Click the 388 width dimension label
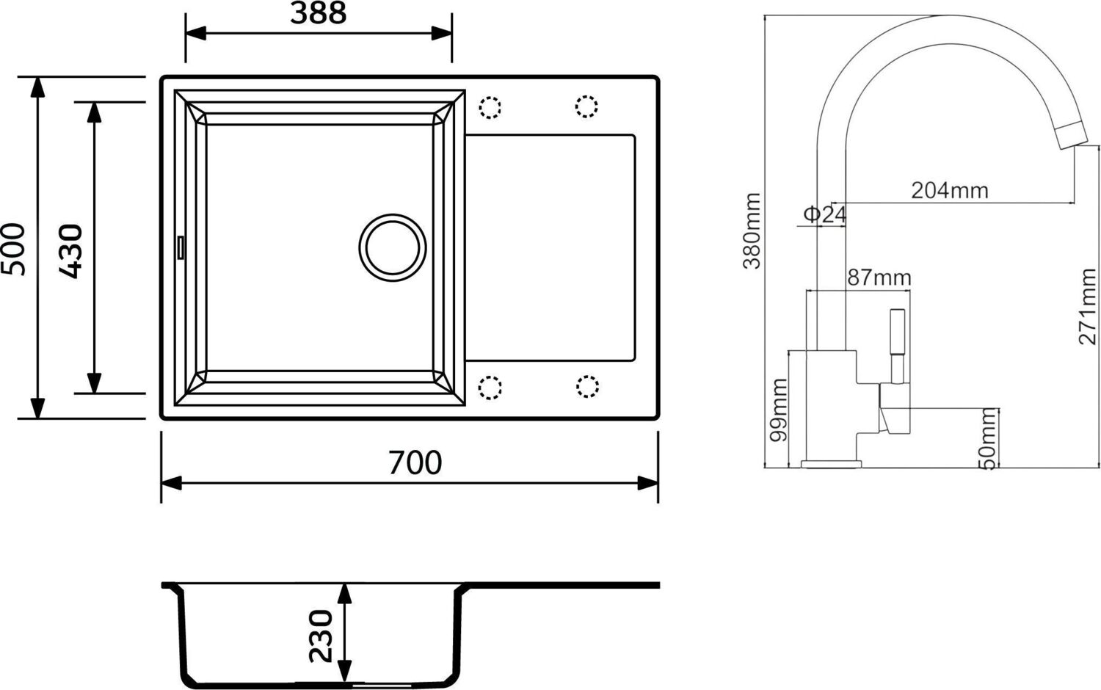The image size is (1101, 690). [318, 14]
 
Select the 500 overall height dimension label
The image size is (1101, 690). [15, 249]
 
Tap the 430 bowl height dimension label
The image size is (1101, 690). [71, 251]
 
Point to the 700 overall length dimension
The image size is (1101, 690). [415, 462]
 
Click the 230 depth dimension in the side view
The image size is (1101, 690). [321, 635]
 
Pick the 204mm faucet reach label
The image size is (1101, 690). [949, 190]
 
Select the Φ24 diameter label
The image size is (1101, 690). [824, 214]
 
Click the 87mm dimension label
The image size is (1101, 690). [879, 277]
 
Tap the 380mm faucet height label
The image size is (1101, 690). [752, 231]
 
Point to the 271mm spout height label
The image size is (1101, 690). [1087, 306]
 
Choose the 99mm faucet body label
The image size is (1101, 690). [778, 410]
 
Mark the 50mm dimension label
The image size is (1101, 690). [988, 438]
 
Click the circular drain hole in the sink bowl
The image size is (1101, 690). [393, 247]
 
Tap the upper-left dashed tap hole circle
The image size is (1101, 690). [490, 108]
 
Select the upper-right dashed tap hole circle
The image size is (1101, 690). [586, 106]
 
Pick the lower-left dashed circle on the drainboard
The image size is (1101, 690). [490, 387]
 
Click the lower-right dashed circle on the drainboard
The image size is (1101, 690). [587, 386]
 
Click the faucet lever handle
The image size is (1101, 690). [897, 345]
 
